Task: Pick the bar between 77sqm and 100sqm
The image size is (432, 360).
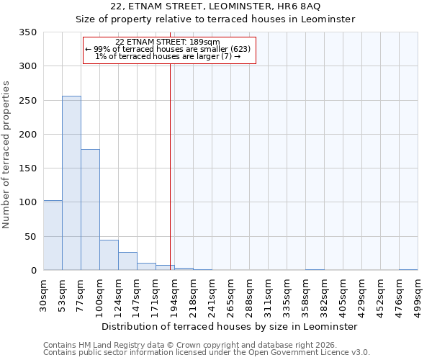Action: [90, 210]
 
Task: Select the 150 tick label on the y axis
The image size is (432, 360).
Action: [28, 168]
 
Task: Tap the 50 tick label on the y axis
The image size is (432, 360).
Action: [31, 237]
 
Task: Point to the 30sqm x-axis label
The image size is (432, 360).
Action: [44, 295]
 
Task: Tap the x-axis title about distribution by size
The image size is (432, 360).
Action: [229, 326]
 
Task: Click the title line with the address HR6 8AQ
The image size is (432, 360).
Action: [216, 6]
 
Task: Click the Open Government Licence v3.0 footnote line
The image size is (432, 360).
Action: [207, 352]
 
